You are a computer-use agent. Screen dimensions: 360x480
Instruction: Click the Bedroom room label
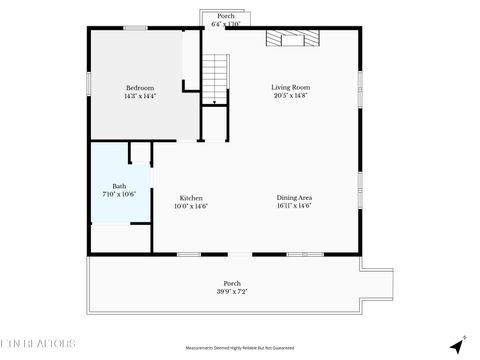(x=140, y=87)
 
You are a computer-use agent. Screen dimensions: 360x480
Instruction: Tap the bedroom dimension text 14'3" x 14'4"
(x=140, y=96)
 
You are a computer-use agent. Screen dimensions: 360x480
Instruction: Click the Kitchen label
(x=191, y=197)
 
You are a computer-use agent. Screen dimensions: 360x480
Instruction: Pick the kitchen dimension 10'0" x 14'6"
(x=191, y=206)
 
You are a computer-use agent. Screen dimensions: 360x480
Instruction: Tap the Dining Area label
(x=294, y=197)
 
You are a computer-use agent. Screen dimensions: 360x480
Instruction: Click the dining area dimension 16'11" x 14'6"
(x=294, y=206)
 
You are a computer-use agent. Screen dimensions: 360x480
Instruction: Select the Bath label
(x=119, y=186)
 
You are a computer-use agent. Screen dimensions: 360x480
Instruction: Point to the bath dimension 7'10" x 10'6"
(x=119, y=194)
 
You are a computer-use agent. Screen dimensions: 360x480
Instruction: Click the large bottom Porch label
(x=232, y=283)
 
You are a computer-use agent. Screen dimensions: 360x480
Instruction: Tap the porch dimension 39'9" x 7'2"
(x=232, y=291)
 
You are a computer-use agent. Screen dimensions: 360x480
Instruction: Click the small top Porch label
(x=226, y=16)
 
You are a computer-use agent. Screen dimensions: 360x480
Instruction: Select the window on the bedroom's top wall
(x=136, y=28)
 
